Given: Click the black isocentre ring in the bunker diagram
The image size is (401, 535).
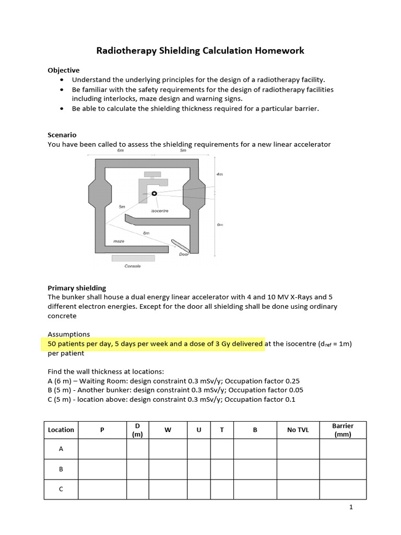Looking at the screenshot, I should pos(154,193).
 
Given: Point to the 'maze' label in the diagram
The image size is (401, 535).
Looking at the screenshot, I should pos(119,241).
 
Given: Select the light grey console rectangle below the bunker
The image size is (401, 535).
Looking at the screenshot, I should pos(133,258).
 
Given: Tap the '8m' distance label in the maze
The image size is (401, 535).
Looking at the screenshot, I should pos(146,232).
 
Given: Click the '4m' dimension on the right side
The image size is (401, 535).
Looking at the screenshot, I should pos(219,174).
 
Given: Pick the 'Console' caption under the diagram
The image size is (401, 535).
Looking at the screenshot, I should pos(133,266).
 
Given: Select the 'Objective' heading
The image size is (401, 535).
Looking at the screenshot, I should pos(64,70).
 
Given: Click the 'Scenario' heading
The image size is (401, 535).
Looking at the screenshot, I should pos(62,135).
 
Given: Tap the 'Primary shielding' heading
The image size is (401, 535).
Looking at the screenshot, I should pos(77,288).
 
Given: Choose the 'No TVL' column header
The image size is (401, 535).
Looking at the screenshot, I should pos(298,430).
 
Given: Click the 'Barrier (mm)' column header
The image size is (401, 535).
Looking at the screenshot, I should pos(343,430).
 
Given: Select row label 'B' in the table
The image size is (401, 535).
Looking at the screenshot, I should pos(61,469).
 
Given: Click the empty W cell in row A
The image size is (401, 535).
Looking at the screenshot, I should pos(168,449).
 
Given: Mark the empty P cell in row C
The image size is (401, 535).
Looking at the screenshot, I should pos(102,489).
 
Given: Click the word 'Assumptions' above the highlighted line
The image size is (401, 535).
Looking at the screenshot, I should pos(69,334).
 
